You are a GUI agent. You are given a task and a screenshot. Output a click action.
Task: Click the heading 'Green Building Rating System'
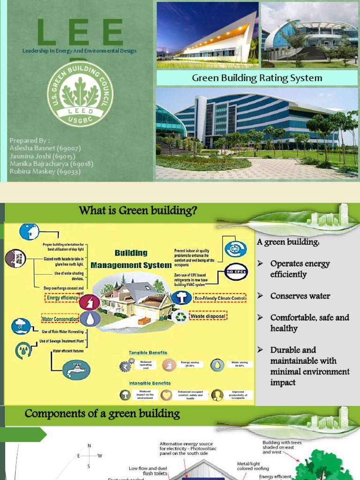257,78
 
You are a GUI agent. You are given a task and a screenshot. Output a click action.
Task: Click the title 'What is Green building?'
137,211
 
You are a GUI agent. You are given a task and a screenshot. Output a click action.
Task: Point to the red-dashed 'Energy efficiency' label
62,297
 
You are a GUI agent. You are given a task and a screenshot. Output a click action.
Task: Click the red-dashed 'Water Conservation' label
60,319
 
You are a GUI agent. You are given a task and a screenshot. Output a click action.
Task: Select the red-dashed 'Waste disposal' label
208,316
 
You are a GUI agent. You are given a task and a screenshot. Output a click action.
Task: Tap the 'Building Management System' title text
131,259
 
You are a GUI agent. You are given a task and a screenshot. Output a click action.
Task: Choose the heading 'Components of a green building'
102,413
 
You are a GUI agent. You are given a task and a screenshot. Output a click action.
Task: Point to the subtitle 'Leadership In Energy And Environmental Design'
80,51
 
